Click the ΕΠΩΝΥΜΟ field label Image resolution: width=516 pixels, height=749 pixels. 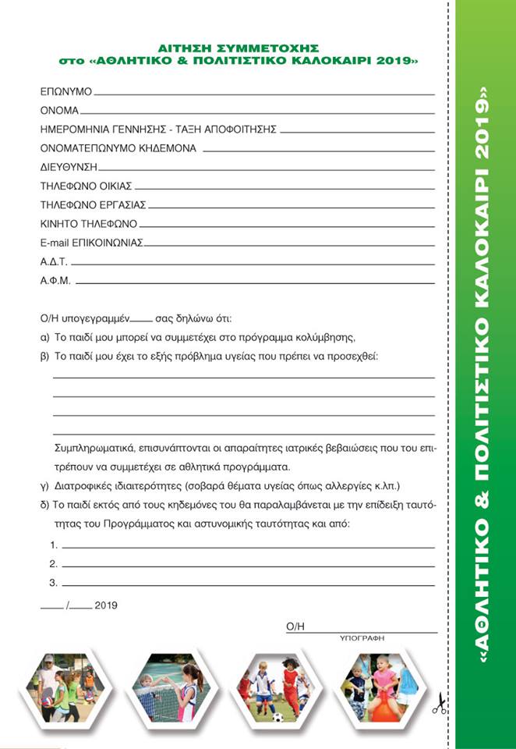[x=66, y=91]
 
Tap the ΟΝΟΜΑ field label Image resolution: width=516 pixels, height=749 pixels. [x=59, y=111]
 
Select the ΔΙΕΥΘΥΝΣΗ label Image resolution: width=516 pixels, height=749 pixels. [x=69, y=167]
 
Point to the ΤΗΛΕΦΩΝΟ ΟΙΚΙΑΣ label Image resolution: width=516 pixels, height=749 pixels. [x=86, y=186]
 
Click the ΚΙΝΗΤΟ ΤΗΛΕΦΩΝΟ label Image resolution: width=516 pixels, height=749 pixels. [x=88, y=223]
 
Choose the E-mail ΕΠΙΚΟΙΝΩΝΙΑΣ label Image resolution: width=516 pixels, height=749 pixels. [x=91, y=243]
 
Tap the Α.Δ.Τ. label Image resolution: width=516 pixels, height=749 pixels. [x=54, y=261]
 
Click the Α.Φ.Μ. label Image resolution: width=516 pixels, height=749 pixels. [x=55, y=280]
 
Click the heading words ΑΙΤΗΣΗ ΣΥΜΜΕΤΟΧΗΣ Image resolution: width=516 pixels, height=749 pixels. [x=238, y=48]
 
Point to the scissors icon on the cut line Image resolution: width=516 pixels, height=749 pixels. [x=440, y=705]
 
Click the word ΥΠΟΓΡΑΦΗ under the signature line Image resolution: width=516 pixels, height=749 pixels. [x=362, y=637]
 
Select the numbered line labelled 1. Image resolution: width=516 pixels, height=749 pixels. [x=248, y=545]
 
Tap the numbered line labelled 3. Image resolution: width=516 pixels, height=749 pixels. [x=248, y=583]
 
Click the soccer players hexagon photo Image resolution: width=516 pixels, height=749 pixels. [x=274, y=687]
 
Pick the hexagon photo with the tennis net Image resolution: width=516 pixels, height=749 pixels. [x=168, y=687]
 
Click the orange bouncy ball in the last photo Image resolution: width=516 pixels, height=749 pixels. [x=383, y=707]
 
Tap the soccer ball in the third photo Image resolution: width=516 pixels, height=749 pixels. [x=277, y=716]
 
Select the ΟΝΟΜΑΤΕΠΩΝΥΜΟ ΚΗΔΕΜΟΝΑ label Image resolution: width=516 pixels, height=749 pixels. [x=118, y=148]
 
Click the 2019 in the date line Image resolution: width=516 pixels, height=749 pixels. [x=106, y=605]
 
